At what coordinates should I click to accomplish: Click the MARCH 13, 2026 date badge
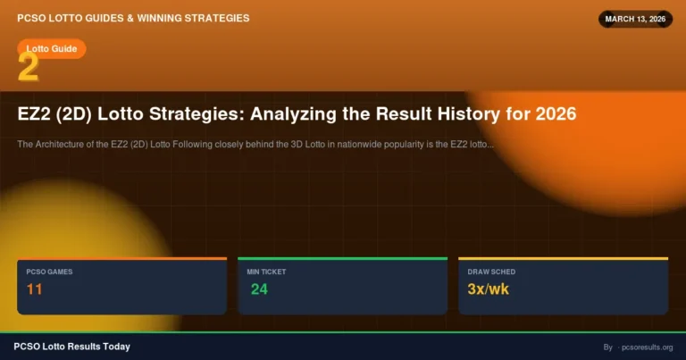tap(635, 19)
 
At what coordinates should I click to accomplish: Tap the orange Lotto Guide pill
tap(52, 48)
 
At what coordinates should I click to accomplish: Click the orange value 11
tap(35, 289)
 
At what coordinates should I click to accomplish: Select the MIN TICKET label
tap(266, 271)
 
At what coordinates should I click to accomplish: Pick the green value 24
tap(259, 289)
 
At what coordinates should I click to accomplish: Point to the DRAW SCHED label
tap(491, 271)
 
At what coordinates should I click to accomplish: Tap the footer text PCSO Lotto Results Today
tap(71, 347)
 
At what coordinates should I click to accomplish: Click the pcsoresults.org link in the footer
tap(648, 347)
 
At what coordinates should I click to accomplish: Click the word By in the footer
tap(607, 347)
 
